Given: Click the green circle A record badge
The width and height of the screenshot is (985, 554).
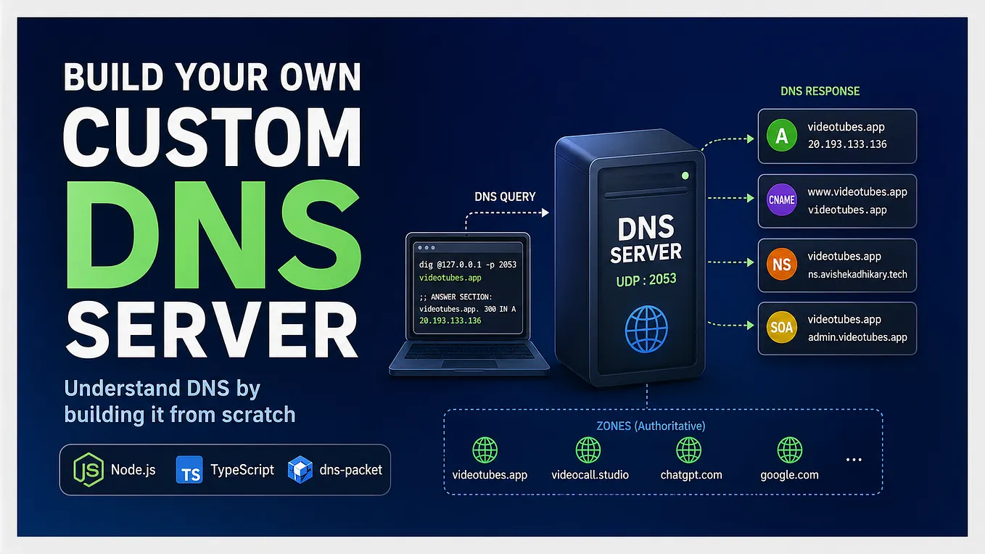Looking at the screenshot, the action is pyautogui.click(x=781, y=136).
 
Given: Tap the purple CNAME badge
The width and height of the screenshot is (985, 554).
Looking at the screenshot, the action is pyautogui.click(x=781, y=200).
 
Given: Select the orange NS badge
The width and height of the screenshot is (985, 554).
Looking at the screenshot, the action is pyautogui.click(x=781, y=264).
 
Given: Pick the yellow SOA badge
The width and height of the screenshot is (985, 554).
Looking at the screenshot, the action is pyautogui.click(x=781, y=327).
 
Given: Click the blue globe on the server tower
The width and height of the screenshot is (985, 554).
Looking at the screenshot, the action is pyautogui.click(x=646, y=329).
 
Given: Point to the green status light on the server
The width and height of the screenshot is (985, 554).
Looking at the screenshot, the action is pyautogui.click(x=685, y=176).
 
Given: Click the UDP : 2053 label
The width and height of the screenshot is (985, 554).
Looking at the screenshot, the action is pyautogui.click(x=646, y=280).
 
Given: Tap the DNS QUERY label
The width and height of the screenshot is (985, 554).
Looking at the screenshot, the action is pyautogui.click(x=505, y=197).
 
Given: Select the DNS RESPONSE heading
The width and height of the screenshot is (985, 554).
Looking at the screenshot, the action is pyautogui.click(x=820, y=91).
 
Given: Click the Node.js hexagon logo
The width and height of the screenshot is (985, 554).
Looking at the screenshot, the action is pyautogui.click(x=88, y=470).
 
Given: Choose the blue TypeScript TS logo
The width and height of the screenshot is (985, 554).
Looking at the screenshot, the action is pyautogui.click(x=189, y=470).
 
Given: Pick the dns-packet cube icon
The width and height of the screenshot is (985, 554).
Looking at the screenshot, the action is pyautogui.click(x=300, y=470).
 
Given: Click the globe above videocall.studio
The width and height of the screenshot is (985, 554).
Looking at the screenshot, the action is pyautogui.click(x=588, y=450).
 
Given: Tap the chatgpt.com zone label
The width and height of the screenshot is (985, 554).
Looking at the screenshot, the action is pyautogui.click(x=691, y=475).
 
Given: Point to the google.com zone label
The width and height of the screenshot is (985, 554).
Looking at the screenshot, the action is pyautogui.click(x=789, y=475).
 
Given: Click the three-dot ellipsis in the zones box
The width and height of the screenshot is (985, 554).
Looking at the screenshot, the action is pyautogui.click(x=854, y=460).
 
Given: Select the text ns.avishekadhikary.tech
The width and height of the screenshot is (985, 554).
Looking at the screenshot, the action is pyautogui.click(x=857, y=274).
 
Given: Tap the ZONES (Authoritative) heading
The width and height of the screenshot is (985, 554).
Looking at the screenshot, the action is pyautogui.click(x=651, y=426).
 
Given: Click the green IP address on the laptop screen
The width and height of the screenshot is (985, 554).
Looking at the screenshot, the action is pyautogui.click(x=450, y=321).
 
